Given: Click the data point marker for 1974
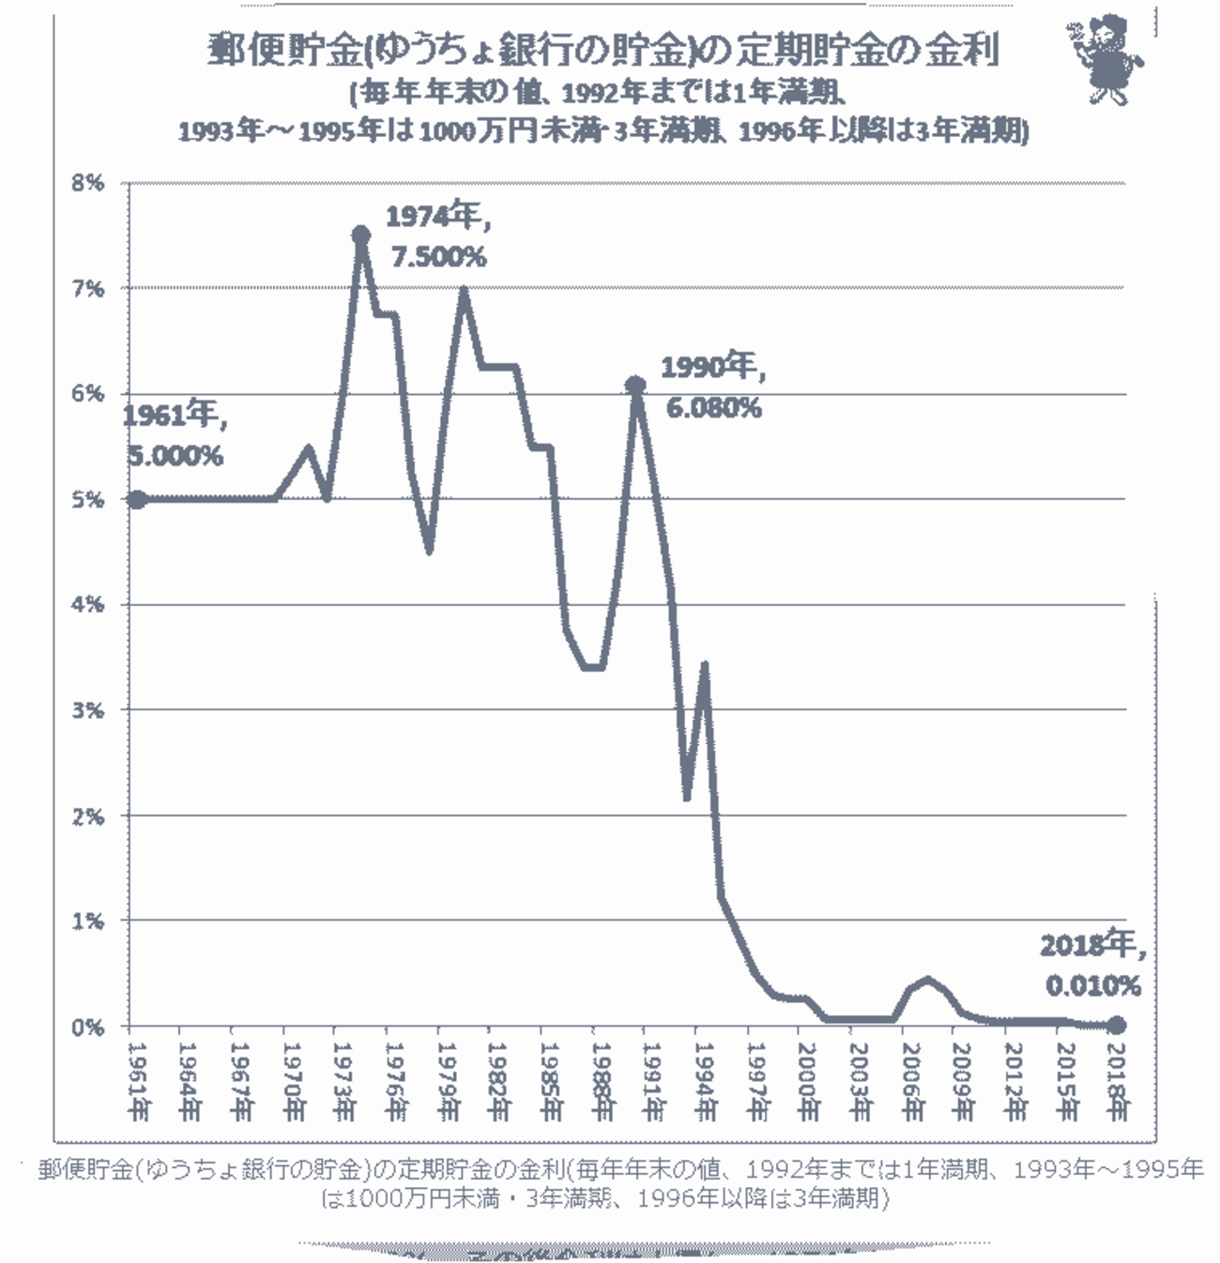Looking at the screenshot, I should [360, 235].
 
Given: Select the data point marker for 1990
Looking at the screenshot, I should [635, 385].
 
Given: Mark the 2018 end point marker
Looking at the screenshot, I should [1116, 1026].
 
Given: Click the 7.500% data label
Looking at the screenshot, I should [438, 256].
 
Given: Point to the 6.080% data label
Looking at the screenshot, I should [713, 408].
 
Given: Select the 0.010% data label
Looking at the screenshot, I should [1094, 985].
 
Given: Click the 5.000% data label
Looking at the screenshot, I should [174, 457].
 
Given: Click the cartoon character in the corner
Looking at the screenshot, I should [1106, 62].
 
